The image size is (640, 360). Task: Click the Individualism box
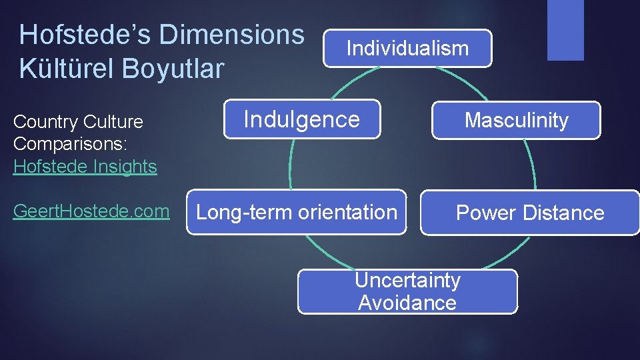click(407, 48)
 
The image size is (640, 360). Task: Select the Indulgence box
click(301, 119)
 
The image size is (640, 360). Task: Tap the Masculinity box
click(516, 120)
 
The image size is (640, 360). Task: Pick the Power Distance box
click(529, 213)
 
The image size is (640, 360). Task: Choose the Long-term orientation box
click(296, 212)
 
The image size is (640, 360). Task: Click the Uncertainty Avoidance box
click(407, 291)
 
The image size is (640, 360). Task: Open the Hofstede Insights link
click(85, 166)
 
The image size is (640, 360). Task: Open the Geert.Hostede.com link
click(91, 211)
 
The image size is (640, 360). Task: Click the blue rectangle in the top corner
click(565, 29)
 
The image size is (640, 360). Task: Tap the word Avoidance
click(407, 303)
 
